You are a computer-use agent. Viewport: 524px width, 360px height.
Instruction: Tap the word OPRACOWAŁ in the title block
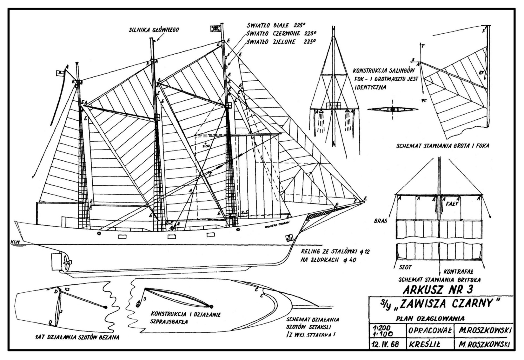coord(430,331)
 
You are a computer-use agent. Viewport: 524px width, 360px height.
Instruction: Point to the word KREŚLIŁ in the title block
coord(424,344)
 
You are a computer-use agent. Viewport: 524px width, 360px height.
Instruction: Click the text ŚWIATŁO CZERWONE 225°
coord(281,34)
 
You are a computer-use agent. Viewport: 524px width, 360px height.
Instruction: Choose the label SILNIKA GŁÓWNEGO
coord(154,30)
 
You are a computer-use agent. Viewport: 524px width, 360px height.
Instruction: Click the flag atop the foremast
coord(215,28)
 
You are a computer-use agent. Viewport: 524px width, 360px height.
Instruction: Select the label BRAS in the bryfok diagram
coord(380,221)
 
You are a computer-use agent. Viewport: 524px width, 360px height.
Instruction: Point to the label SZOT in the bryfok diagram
coord(405,267)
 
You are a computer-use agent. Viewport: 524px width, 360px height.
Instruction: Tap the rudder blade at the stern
coord(56,261)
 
